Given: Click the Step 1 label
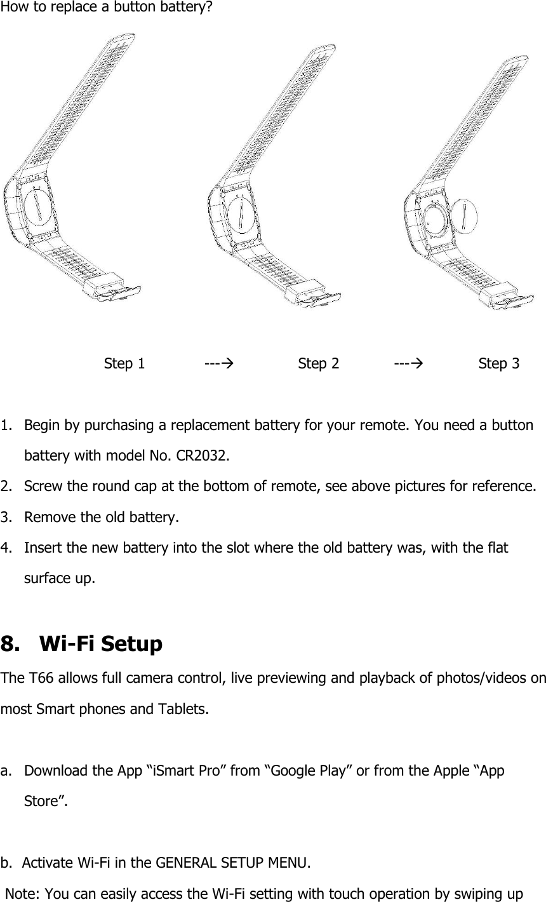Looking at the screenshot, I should [x=124, y=364].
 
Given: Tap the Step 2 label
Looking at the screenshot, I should [x=318, y=364].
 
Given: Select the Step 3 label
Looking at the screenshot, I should [x=498, y=364].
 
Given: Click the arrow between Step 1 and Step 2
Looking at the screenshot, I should [x=217, y=364].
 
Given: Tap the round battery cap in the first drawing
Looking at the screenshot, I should [x=37, y=211].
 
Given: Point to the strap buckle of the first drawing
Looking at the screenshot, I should [x=114, y=287].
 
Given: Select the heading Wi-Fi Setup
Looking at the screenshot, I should [x=101, y=644].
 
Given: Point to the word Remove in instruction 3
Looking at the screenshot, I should [x=48, y=517].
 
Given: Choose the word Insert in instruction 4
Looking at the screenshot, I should [x=42, y=548].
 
